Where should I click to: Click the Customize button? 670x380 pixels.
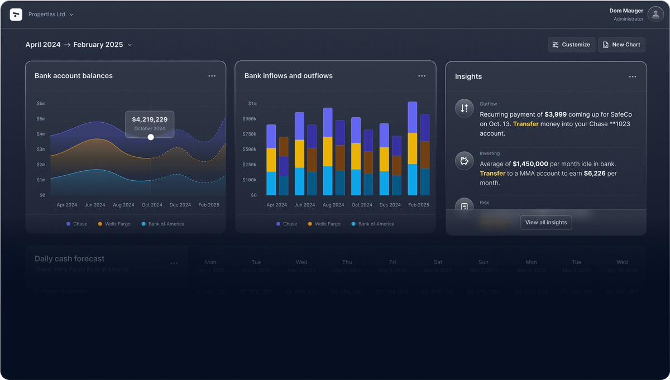click(571, 45)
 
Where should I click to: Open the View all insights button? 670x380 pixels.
click(545, 222)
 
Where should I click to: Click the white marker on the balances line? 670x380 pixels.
click(151, 137)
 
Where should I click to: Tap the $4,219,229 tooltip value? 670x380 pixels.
click(150, 119)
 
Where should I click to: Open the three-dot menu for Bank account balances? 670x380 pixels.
click(212, 76)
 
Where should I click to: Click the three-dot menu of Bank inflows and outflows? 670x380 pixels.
click(422, 76)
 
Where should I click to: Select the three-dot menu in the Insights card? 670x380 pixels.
click(632, 76)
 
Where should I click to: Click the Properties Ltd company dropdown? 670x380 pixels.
click(50, 15)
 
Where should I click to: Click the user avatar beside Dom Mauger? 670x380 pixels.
click(655, 15)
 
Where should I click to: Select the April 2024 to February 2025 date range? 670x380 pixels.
click(78, 45)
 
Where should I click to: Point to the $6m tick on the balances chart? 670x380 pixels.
click(41, 103)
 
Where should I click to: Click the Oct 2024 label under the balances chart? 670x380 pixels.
click(152, 205)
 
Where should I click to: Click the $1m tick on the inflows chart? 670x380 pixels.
click(252, 103)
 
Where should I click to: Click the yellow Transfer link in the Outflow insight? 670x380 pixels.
click(525, 124)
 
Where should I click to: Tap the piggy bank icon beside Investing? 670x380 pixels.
click(464, 161)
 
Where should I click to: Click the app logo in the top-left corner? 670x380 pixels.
click(16, 15)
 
